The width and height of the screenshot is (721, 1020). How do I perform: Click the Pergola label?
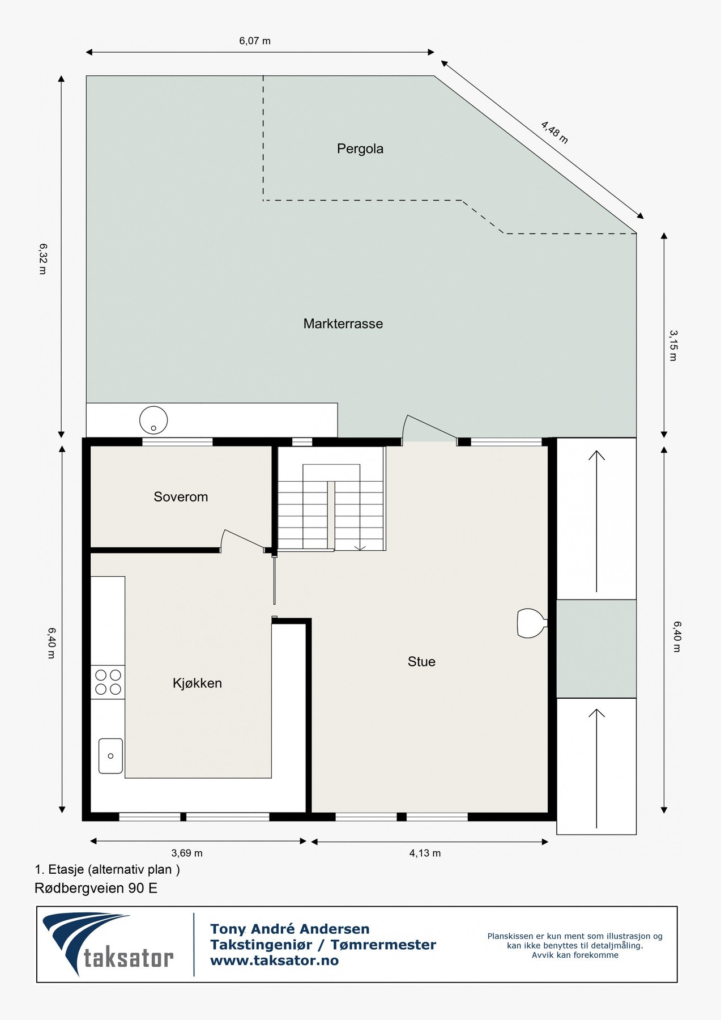[360, 148]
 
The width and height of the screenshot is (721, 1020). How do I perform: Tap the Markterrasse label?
[343, 324]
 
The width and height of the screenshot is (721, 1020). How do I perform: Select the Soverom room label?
[181, 497]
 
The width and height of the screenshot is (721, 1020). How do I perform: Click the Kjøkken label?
[197, 683]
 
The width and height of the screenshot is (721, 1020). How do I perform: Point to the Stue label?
[421, 661]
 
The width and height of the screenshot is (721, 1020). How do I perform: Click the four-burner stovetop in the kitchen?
[108, 682]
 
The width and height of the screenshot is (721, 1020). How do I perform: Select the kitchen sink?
[110, 755]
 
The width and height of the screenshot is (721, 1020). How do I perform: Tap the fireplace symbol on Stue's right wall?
[531, 623]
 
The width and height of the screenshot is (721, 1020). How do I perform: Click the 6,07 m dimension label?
[255, 41]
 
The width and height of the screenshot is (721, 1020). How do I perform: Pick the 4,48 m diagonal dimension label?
[554, 132]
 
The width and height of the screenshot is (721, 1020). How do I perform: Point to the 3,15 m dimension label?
[673, 346]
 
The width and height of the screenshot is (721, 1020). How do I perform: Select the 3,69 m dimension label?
[187, 853]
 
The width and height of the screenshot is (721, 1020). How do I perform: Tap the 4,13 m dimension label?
[425, 853]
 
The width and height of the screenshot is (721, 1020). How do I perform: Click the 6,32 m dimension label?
[42, 259]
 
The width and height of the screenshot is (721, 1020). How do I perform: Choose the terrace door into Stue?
[429, 429]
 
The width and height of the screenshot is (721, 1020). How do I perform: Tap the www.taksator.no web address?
[274, 960]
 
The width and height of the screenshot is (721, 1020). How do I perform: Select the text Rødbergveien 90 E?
[96, 888]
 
